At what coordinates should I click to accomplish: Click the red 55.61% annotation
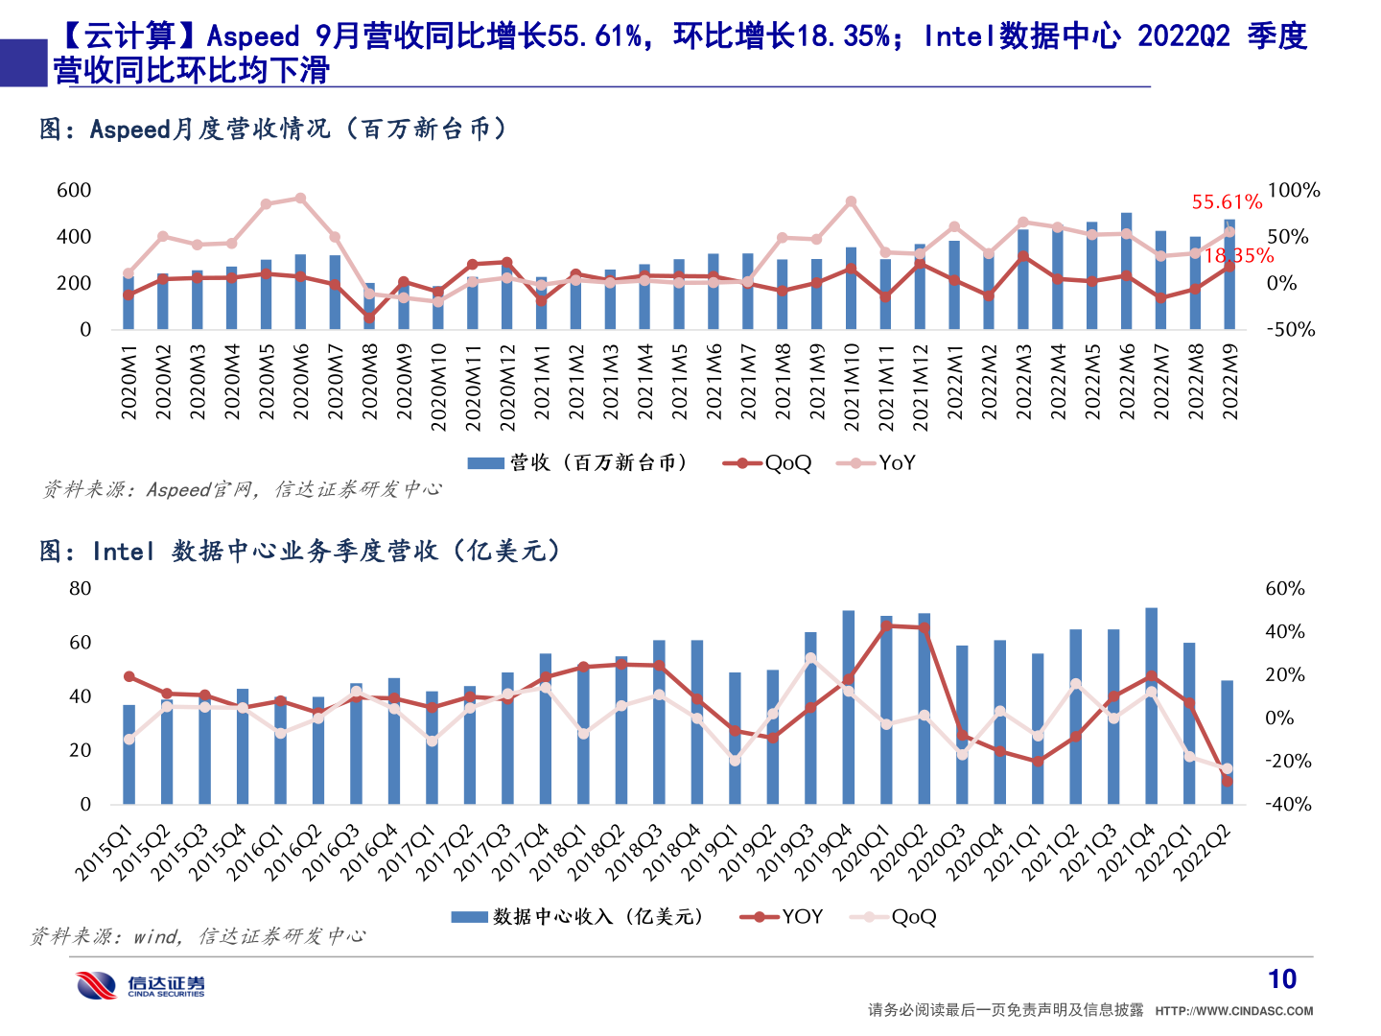1226,202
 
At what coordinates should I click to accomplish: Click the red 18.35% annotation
1238,256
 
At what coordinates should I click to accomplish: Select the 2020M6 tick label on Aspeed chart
301,382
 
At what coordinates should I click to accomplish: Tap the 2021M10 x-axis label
851,387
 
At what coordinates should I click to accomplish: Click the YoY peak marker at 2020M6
300,199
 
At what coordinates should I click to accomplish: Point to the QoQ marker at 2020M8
369,317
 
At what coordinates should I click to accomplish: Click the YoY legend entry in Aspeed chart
877,463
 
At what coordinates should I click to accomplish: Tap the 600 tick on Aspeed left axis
74,190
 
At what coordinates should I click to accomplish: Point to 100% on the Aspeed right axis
1293,190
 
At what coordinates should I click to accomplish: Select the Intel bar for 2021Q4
1151,705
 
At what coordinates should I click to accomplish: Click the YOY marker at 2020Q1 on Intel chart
886,625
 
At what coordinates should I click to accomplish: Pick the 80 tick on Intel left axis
81,588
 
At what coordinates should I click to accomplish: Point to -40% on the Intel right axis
1287,805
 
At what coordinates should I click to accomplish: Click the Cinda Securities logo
141,985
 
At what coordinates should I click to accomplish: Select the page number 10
1281,979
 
